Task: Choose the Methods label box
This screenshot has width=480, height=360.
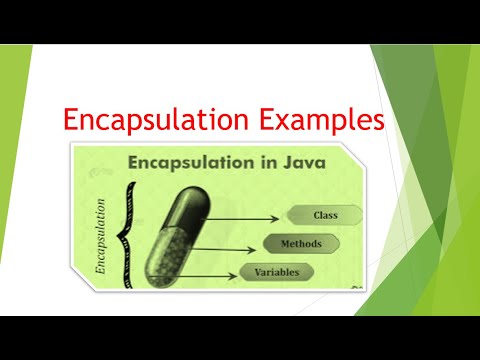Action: [301, 243]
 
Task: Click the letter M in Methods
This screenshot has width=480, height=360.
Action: [284, 243]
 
